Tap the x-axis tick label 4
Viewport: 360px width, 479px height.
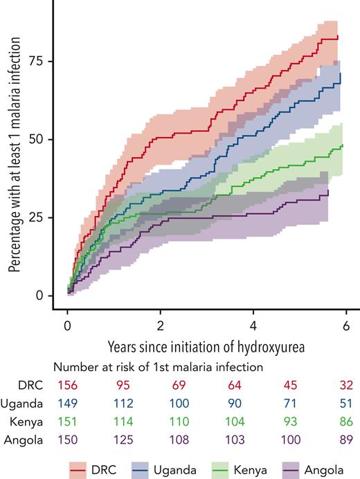[x=253, y=325]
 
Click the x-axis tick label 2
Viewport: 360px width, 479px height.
[x=161, y=325]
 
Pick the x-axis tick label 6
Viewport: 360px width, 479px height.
[x=346, y=325]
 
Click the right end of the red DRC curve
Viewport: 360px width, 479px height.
[x=337, y=36]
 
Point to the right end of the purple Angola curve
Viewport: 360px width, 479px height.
[x=328, y=190]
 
